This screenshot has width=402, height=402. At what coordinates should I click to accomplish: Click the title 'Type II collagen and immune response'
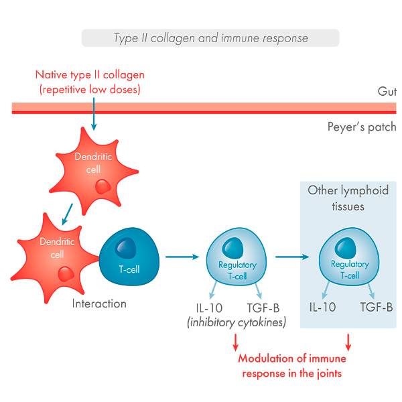210,38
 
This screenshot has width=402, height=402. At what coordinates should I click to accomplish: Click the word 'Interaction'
99,304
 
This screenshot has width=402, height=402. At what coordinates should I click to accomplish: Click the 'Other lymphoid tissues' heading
348,198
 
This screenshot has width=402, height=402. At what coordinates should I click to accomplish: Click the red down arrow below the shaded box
349,344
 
